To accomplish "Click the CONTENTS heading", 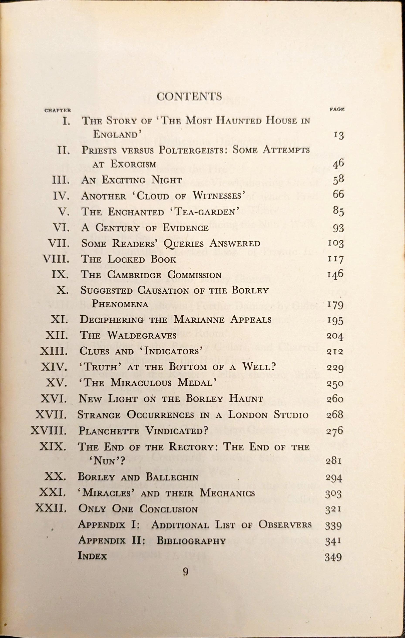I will [189, 96].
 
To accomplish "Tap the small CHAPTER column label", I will [58, 110].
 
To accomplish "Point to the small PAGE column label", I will [337, 109].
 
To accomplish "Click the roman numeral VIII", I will [56, 259].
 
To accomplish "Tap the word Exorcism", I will [133, 164].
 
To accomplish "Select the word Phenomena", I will [120, 304].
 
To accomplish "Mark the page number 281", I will [334, 461].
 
